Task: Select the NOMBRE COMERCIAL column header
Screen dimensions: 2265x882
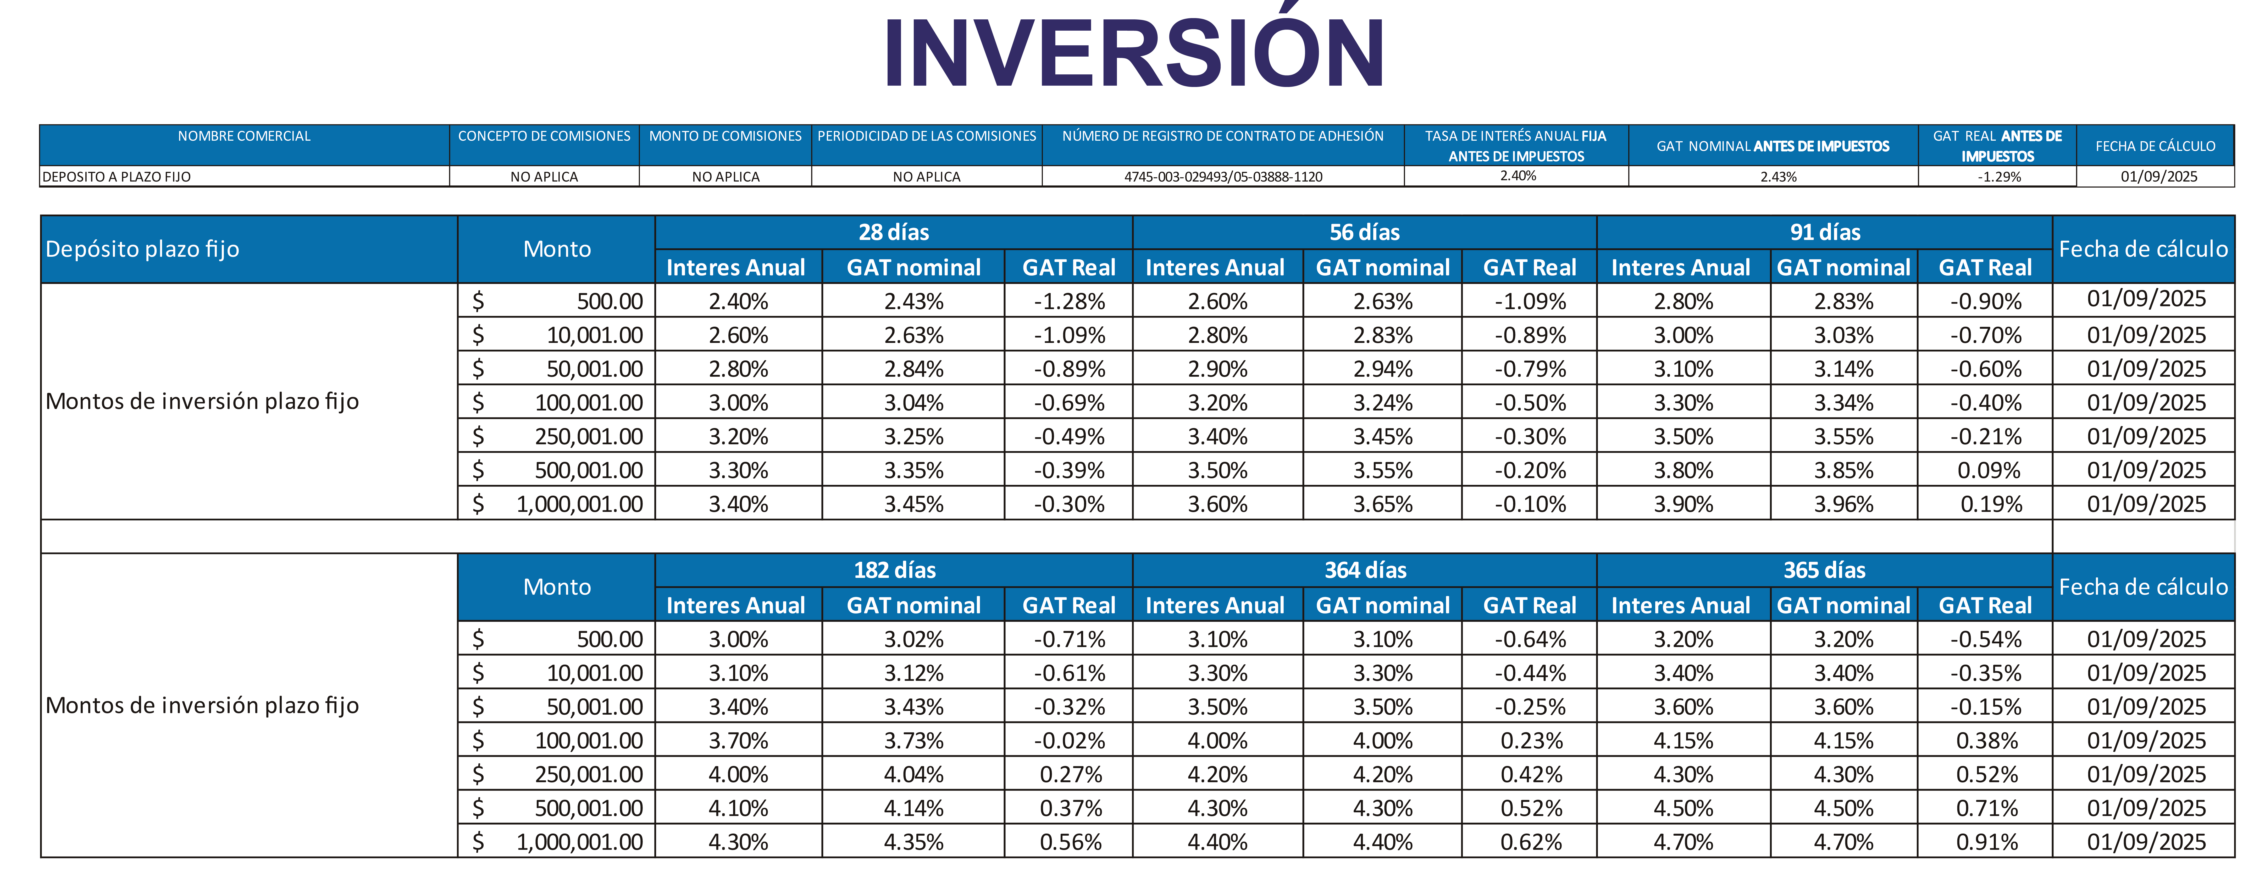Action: pos(245,136)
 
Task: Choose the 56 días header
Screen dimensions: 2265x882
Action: pos(1365,232)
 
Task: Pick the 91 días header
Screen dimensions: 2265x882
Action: pos(1825,232)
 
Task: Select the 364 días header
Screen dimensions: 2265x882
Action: pos(1365,570)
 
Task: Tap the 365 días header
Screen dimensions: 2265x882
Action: pos(1824,570)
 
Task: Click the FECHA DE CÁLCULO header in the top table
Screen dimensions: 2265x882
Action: pos(2155,146)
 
